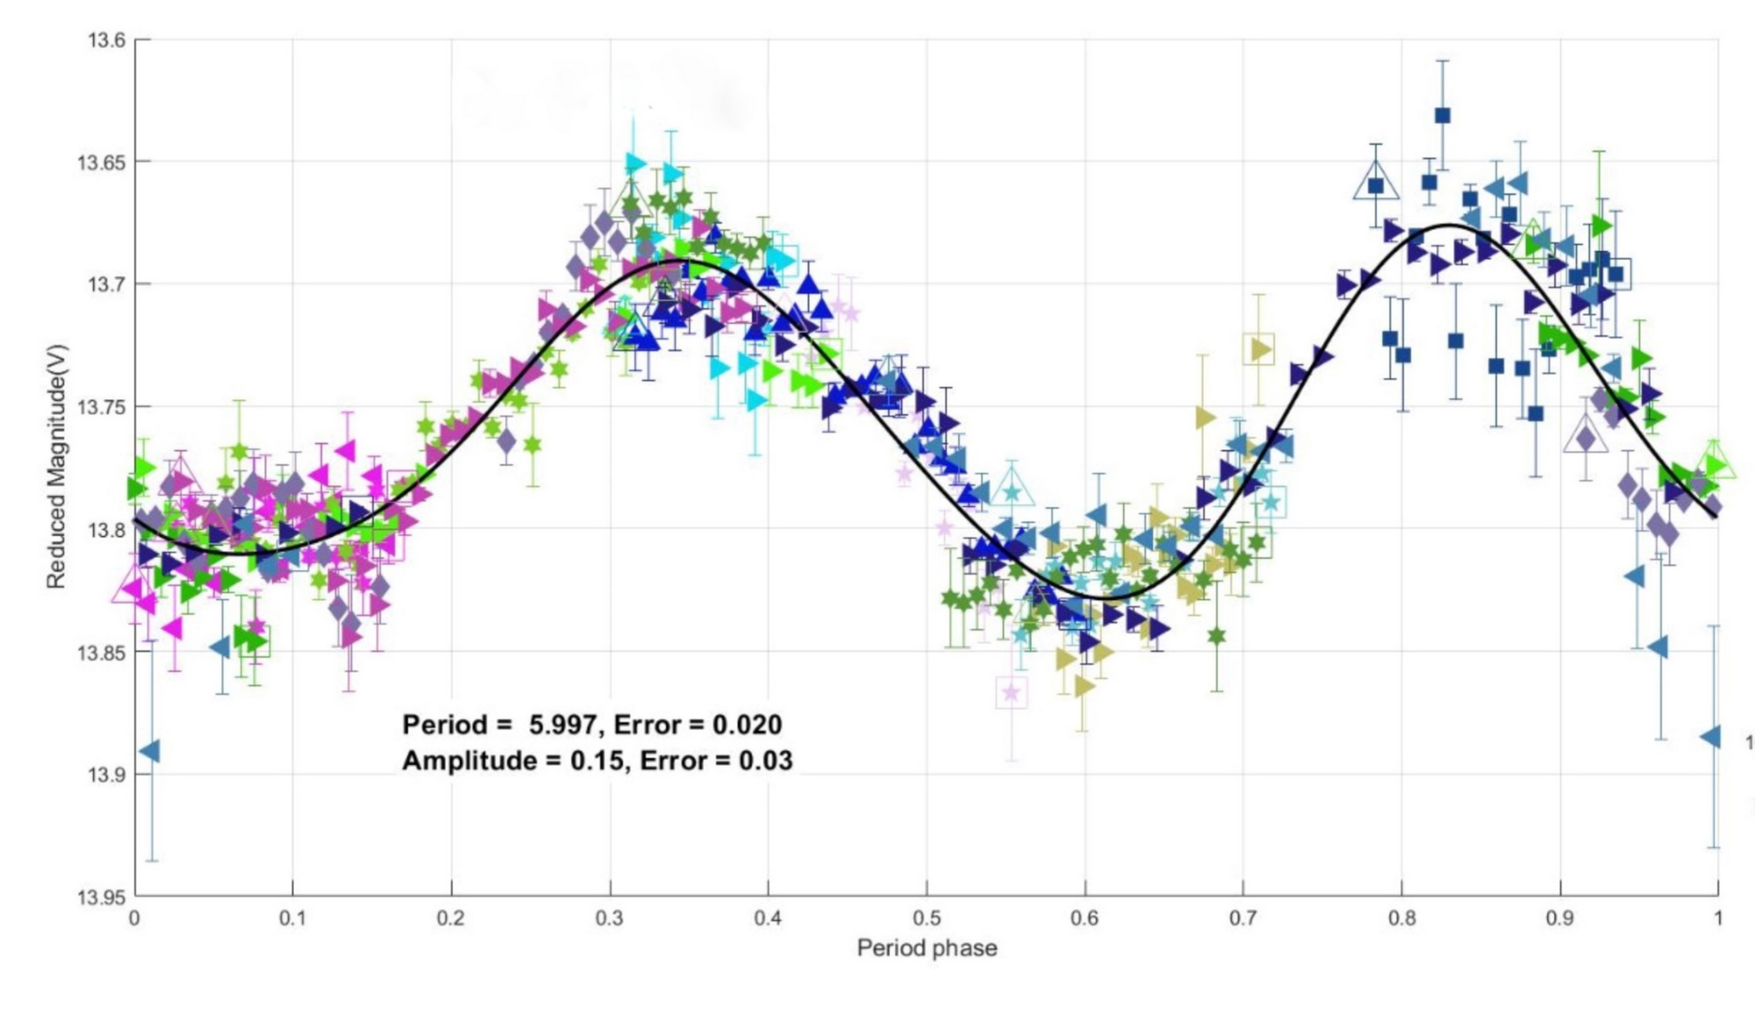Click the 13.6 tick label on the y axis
[107, 40]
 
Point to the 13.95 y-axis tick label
[102, 896]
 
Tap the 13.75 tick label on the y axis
[102, 406]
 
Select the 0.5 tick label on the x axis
[926, 918]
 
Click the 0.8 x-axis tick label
[1402, 918]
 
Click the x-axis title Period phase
[926, 948]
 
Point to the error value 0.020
[747, 725]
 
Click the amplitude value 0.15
[596, 761]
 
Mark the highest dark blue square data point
[1442, 115]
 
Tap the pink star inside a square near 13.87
[1011, 692]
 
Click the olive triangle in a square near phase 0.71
[1259, 349]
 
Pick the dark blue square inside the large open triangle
[1376, 185]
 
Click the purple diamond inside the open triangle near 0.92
[1586, 439]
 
